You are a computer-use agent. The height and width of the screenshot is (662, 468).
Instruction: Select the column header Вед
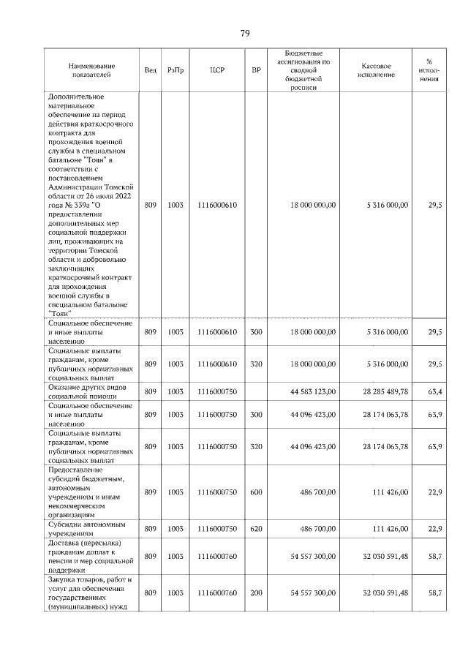(150, 70)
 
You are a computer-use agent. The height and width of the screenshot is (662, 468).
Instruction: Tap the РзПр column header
(175, 70)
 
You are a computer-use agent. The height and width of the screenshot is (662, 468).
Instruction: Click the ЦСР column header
(217, 70)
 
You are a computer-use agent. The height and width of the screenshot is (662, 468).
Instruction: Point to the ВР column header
(256, 70)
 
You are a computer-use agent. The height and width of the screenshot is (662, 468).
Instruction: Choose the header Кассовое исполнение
(377, 70)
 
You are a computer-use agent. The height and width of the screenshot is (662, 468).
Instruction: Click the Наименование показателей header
(89, 70)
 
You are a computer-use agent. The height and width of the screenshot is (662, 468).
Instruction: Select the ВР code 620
(256, 528)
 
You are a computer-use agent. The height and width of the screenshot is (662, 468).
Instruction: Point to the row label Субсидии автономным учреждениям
(81, 528)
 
